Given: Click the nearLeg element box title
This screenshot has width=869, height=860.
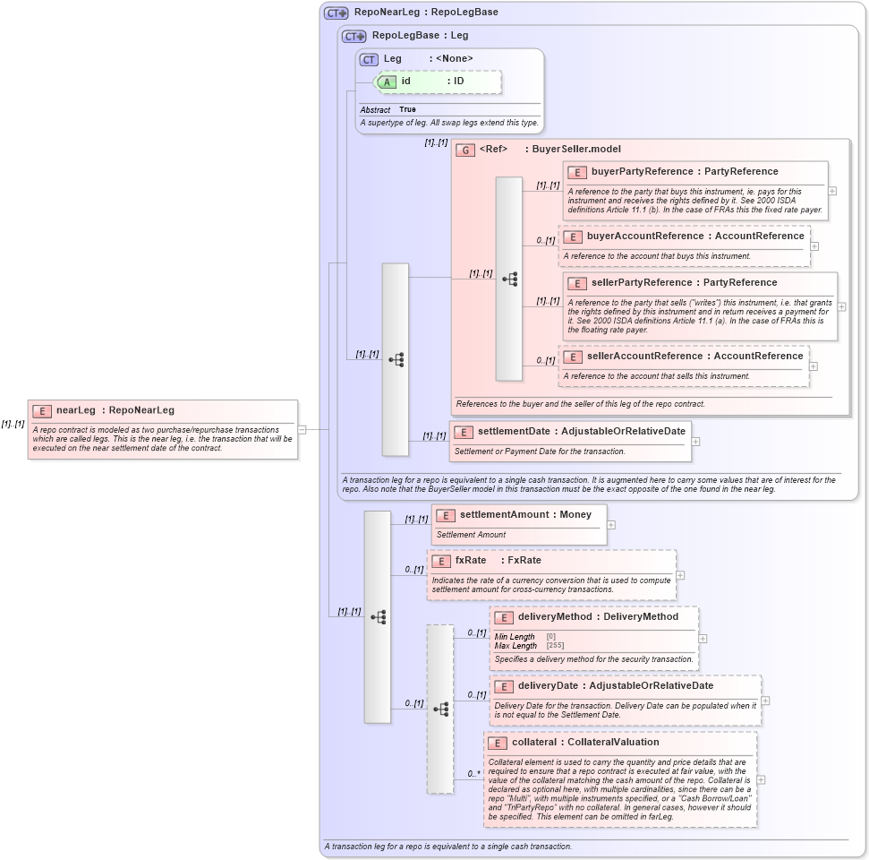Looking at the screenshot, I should tap(115, 410).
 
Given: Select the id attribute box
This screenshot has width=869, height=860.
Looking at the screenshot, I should tap(439, 82).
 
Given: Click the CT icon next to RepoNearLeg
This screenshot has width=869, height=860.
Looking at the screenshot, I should tap(336, 13).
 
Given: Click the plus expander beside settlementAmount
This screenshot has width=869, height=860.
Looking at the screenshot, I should tap(611, 525).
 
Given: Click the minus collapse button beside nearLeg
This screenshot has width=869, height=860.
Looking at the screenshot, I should tap(302, 429).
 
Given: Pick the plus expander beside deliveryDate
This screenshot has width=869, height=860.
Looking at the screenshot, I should tap(765, 701).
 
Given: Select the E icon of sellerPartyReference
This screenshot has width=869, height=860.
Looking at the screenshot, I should tap(577, 282).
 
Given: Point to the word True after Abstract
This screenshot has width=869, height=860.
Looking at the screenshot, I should tap(407, 109).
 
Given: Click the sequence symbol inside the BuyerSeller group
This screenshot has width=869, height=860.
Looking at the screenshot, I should tap(509, 279).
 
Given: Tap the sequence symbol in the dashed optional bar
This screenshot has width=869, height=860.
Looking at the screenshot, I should tap(440, 709).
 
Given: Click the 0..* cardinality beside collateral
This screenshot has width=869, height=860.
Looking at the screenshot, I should tap(473, 773).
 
